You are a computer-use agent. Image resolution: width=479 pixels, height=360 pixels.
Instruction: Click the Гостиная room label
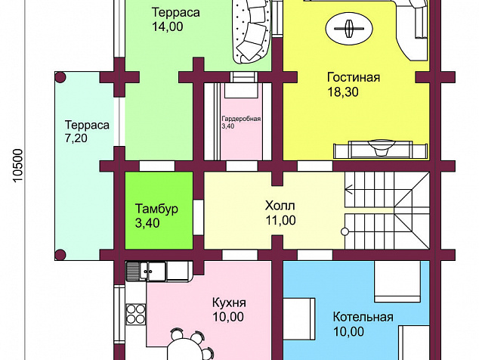pyautogui.click(x=354, y=77)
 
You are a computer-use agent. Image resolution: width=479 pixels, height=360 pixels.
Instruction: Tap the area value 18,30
pyautogui.click(x=343, y=92)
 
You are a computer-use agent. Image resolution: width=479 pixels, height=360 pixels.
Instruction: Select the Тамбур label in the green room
pyautogui.click(x=156, y=209)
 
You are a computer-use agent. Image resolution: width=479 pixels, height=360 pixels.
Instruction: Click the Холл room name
pyautogui.click(x=280, y=206)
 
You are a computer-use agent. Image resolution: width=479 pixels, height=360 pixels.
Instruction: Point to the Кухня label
pyautogui.click(x=229, y=303)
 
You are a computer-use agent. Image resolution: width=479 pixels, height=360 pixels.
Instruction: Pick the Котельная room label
pyautogui.click(x=363, y=317)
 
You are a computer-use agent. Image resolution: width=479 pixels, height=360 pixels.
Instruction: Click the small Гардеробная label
pyautogui.click(x=241, y=119)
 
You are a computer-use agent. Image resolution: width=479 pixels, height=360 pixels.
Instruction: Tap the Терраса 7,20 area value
pyautogui.click(x=76, y=138)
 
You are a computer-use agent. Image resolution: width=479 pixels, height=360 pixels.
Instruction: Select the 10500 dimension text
pyautogui.click(x=18, y=166)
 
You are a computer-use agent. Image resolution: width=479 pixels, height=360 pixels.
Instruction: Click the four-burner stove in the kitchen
pyautogui.click(x=136, y=314)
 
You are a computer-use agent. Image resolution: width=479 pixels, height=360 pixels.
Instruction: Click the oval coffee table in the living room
pyautogui.click(x=349, y=29)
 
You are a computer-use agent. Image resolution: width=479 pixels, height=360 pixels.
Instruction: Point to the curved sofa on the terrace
pyautogui.click(x=252, y=30)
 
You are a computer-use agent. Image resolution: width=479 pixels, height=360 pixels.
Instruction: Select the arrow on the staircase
pyautogui.click(x=348, y=190)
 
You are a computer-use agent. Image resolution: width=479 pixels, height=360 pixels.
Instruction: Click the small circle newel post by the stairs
pyautogui.click(x=345, y=232)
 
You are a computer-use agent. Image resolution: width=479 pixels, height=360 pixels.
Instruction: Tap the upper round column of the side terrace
pyautogui.click(x=60, y=77)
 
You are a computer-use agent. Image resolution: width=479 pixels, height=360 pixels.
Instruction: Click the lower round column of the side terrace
pyautogui.click(x=60, y=255)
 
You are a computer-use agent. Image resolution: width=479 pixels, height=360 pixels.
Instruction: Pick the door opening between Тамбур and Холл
pyautogui.click(x=198, y=217)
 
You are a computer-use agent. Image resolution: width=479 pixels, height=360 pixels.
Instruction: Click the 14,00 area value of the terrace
pyautogui.click(x=168, y=26)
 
